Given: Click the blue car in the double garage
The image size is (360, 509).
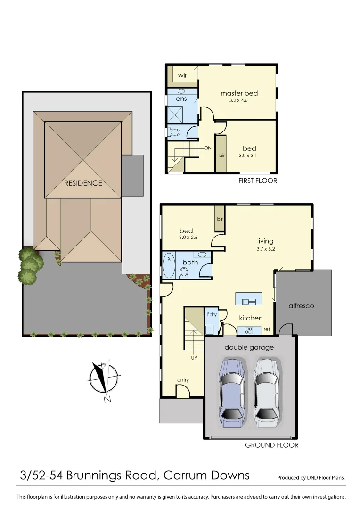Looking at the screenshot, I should (x=232, y=392).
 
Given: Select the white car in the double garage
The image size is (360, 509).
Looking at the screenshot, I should (x=267, y=392).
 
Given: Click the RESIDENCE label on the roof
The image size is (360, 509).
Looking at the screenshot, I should (x=83, y=183).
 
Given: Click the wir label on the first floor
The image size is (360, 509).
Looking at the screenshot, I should (x=182, y=75).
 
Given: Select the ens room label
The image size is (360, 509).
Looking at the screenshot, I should (x=181, y=99).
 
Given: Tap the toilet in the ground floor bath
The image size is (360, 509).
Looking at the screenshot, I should (x=184, y=272).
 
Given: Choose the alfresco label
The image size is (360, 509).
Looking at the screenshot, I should (x=301, y=306).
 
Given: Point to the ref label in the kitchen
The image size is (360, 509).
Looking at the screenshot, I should (x=266, y=329).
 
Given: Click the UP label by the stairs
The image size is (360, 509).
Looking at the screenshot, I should (x=194, y=358).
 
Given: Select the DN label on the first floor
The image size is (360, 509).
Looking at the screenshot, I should (x=207, y=148).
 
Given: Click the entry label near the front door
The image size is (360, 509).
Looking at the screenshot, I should (x=183, y=380).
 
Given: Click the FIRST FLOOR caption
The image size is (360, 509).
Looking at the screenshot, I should (x=258, y=181).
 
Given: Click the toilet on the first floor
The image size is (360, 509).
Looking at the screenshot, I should (x=175, y=132).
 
